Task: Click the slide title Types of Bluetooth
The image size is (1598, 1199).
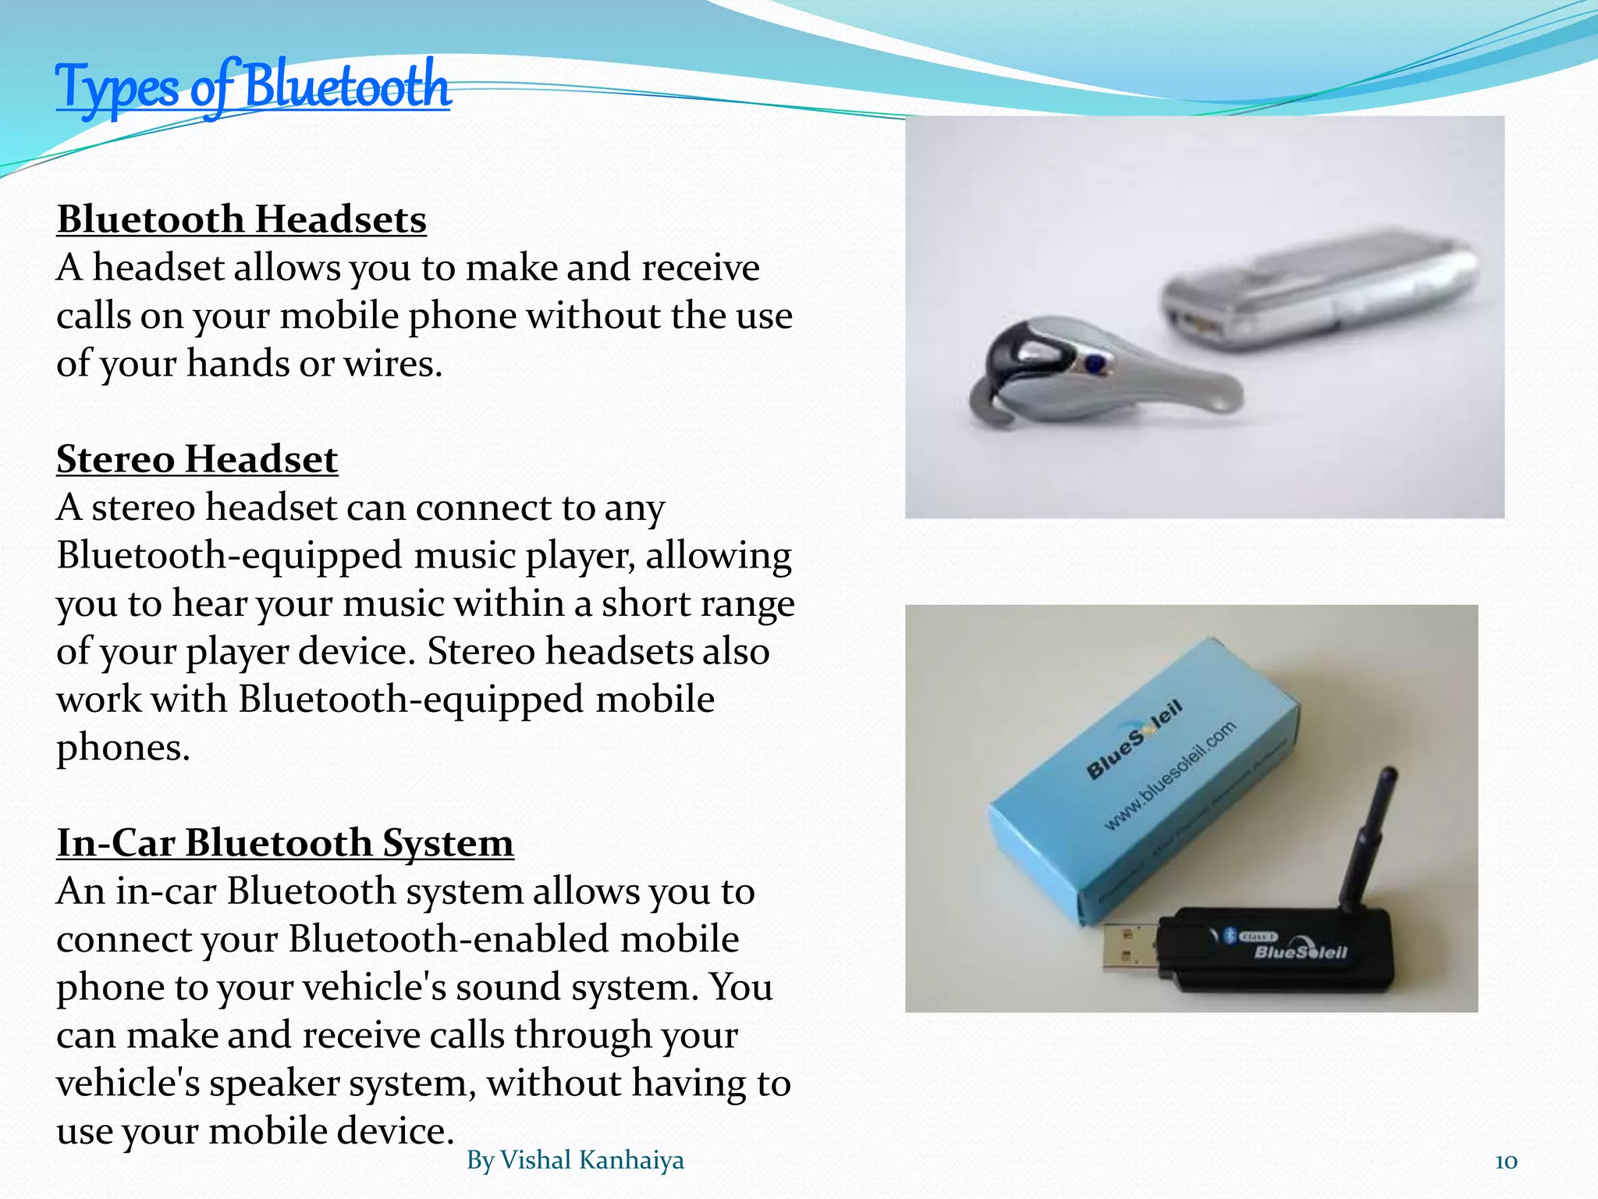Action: click(253, 87)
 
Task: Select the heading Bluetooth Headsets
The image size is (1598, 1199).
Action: click(242, 219)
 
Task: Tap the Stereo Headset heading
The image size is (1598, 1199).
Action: click(197, 459)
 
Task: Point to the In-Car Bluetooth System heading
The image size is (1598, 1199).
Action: click(285, 843)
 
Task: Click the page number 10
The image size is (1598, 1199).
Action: click(1506, 1162)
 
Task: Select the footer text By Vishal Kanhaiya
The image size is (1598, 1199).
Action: click(575, 1161)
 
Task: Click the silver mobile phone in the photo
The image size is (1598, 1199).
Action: click(1319, 293)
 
